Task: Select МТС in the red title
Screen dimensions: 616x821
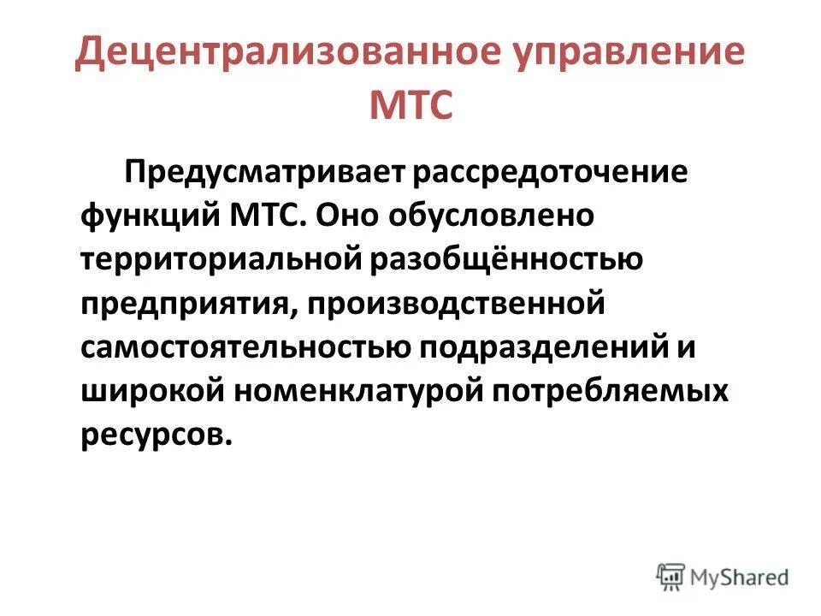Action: pyautogui.click(x=410, y=107)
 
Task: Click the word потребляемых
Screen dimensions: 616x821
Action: pyautogui.click(x=611, y=392)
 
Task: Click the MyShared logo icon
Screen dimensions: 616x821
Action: pyautogui.click(x=670, y=577)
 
